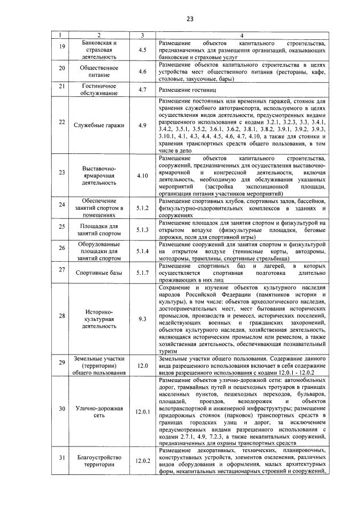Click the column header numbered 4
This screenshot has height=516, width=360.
pos(242,35)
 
